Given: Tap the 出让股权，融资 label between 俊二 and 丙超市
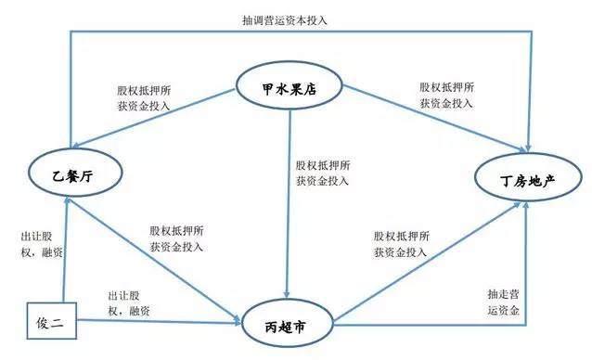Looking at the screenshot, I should pyautogui.click(x=135, y=302).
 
